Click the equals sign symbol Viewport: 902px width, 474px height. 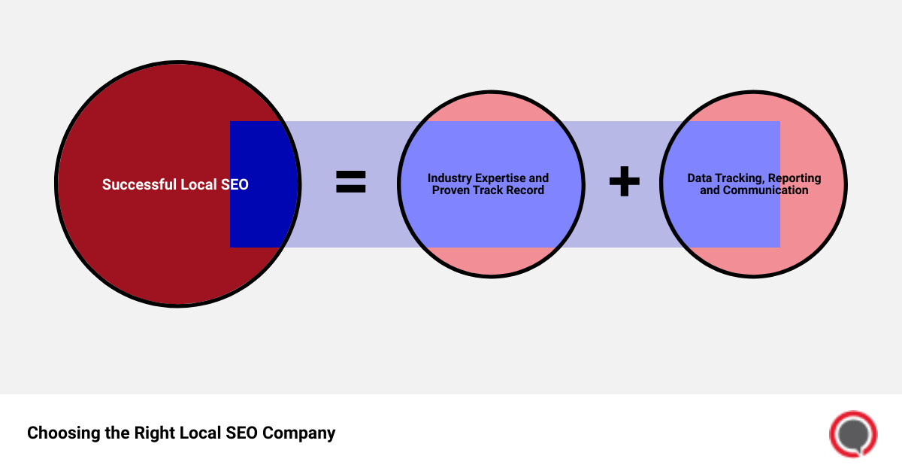[x=350, y=182]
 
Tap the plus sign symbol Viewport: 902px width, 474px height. [x=624, y=182]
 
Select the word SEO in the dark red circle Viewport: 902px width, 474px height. [x=235, y=184]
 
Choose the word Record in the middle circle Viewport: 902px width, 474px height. [x=525, y=190]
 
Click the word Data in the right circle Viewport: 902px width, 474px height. [x=701, y=178]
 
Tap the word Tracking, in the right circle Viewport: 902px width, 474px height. [x=740, y=178]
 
